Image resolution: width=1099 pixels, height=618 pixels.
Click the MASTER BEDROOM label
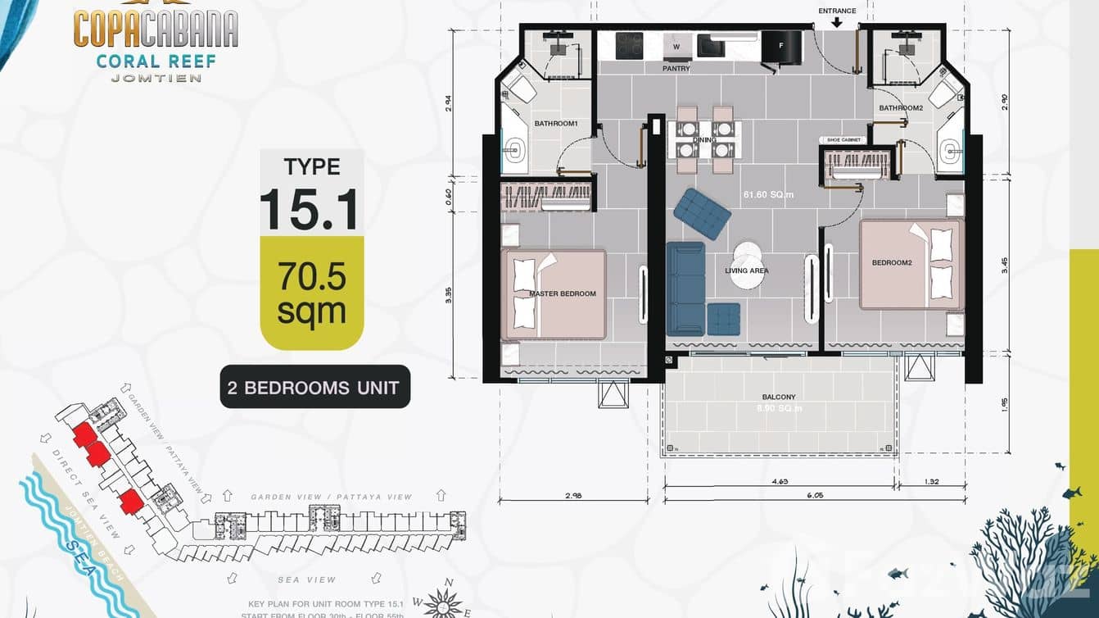pyautogui.click(x=562, y=293)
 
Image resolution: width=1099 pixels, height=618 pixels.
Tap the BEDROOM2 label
pyautogui.click(x=892, y=263)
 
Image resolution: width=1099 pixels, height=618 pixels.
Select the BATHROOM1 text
pyautogui.click(x=556, y=124)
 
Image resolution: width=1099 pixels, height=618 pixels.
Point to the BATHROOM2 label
pyautogui.click(x=901, y=108)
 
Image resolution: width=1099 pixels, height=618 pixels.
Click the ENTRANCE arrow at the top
pyautogui.click(x=837, y=23)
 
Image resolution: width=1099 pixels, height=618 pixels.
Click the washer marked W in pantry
pyautogui.click(x=676, y=47)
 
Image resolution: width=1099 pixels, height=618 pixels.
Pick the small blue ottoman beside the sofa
pyautogui.click(x=723, y=319)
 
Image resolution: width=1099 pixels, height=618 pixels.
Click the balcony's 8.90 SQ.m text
pyautogui.click(x=779, y=408)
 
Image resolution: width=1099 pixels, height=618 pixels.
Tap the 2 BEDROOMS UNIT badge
pyautogui.click(x=314, y=387)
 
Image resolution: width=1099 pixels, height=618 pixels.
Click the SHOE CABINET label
pyautogui.click(x=843, y=140)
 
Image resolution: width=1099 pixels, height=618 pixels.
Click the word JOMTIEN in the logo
pyautogui.click(x=155, y=78)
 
